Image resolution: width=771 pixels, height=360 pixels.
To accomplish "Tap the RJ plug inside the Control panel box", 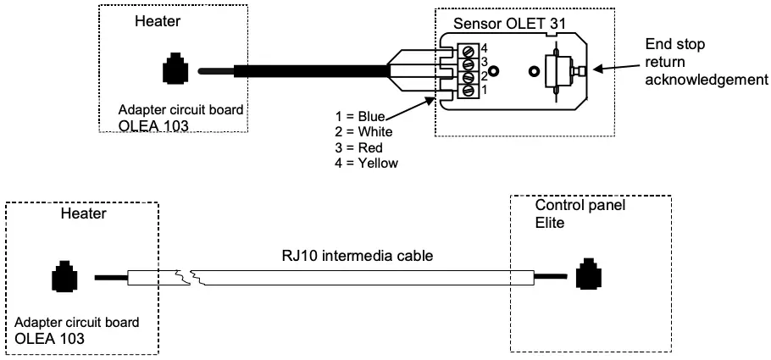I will click(x=587, y=276).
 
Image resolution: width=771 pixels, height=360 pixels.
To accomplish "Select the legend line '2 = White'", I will click(x=364, y=133).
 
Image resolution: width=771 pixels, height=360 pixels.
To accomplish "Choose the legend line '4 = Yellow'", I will click(x=367, y=163).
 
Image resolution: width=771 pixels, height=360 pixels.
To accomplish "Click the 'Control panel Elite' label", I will click(x=567, y=213).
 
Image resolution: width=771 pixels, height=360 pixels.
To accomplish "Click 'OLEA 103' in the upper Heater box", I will click(x=147, y=127).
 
